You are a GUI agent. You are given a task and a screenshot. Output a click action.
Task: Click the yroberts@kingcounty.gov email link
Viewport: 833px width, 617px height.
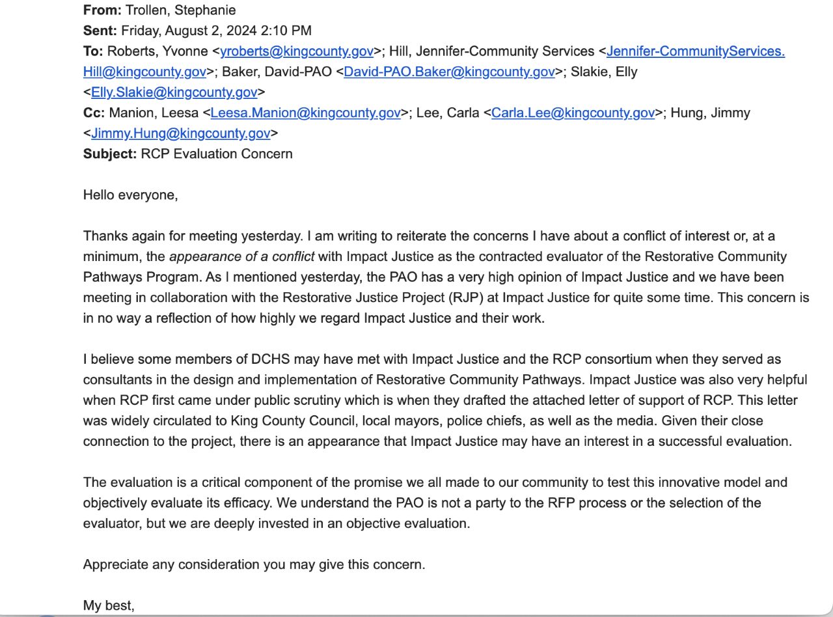click(x=297, y=51)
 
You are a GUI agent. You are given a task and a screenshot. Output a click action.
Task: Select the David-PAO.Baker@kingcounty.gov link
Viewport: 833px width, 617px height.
click(x=449, y=72)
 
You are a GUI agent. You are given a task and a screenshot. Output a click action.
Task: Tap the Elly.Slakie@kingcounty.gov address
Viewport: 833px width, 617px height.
click(x=174, y=92)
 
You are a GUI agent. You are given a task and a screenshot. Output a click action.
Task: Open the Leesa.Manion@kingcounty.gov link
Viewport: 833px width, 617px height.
click(x=305, y=113)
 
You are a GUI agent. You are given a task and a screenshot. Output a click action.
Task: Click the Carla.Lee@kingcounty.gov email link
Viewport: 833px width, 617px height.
click(x=573, y=113)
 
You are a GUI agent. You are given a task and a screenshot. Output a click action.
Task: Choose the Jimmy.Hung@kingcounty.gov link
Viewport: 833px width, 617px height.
click(x=180, y=133)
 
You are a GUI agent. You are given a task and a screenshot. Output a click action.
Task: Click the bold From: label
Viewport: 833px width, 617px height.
click(x=102, y=10)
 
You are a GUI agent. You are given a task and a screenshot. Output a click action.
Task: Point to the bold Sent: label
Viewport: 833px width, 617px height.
click(x=100, y=31)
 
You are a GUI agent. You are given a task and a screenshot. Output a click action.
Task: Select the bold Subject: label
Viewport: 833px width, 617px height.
click(x=110, y=154)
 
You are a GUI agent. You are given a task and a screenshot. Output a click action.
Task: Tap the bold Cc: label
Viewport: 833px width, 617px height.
click(x=94, y=113)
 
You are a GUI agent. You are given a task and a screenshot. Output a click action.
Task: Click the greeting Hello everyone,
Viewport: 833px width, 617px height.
click(x=130, y=195)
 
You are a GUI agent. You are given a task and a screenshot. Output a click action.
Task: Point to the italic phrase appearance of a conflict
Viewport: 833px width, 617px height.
click(x=241, y=256)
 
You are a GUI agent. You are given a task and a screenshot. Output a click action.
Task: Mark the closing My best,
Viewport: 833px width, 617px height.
click(x=109, y=606)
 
